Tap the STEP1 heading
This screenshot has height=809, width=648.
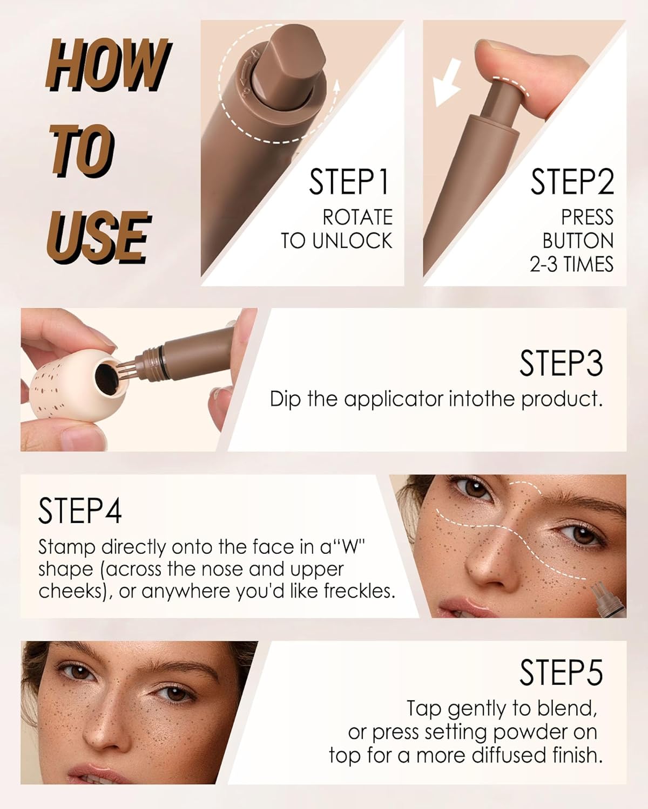(x=349, y=182)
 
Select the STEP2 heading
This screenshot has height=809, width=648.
(x=572, y=182)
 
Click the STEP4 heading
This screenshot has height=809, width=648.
(x=80, y=511)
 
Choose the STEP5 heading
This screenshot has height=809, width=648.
(x=561, y=672)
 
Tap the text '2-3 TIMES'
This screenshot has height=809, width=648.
(x=571, y=264)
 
